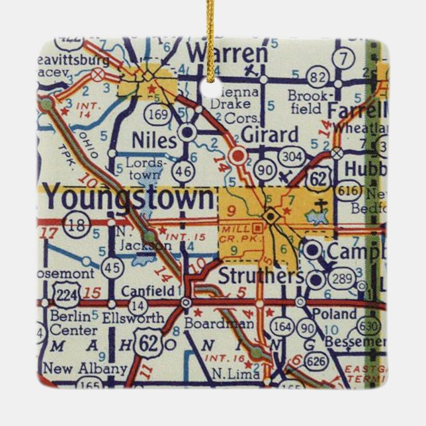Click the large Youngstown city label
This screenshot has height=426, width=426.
click(x=130, y=199)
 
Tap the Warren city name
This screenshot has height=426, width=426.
click(x=227, y=53)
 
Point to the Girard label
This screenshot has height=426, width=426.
click(x=269, y=136)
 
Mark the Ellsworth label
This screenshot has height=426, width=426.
click(x=132, y=318)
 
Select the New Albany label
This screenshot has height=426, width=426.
click(x=84, y=368)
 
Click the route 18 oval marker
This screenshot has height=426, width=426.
click(x=77, y=225)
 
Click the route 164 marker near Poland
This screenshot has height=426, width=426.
click(x=282, y=327)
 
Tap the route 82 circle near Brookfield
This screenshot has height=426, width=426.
click(x=318, y=78)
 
